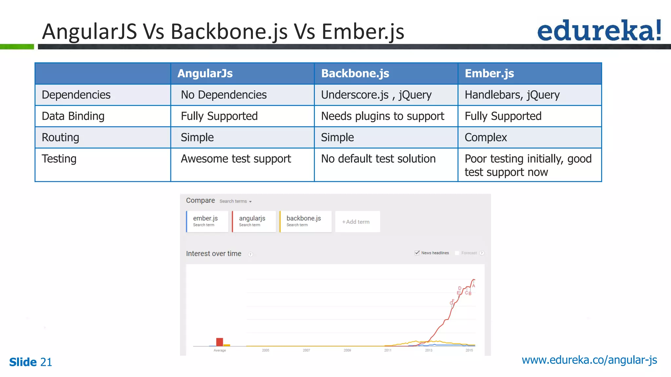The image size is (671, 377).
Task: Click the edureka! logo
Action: [599, 31]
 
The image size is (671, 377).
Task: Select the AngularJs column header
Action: [205, 73]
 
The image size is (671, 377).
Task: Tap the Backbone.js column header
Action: [355, 73]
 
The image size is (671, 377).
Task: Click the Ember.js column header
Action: [489, 73]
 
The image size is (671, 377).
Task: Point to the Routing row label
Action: [61, 137]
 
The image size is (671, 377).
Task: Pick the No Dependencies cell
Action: [224, 95]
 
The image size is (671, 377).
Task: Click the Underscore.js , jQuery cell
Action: [376, 95]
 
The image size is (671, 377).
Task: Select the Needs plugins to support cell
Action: [382, 116]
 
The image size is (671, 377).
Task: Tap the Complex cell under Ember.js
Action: [486, 137]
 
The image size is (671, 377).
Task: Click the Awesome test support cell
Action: [236, 159]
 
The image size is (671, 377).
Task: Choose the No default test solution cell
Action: [378, 159]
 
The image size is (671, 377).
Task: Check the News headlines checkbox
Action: [417, 253]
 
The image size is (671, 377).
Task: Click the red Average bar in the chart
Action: [220, 342]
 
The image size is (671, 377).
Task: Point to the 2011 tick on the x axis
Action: [388, 350]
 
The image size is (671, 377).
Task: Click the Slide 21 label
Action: [30, 362]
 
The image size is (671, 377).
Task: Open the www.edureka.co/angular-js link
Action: [589, 360]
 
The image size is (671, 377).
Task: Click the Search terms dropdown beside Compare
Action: [235, 201]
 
